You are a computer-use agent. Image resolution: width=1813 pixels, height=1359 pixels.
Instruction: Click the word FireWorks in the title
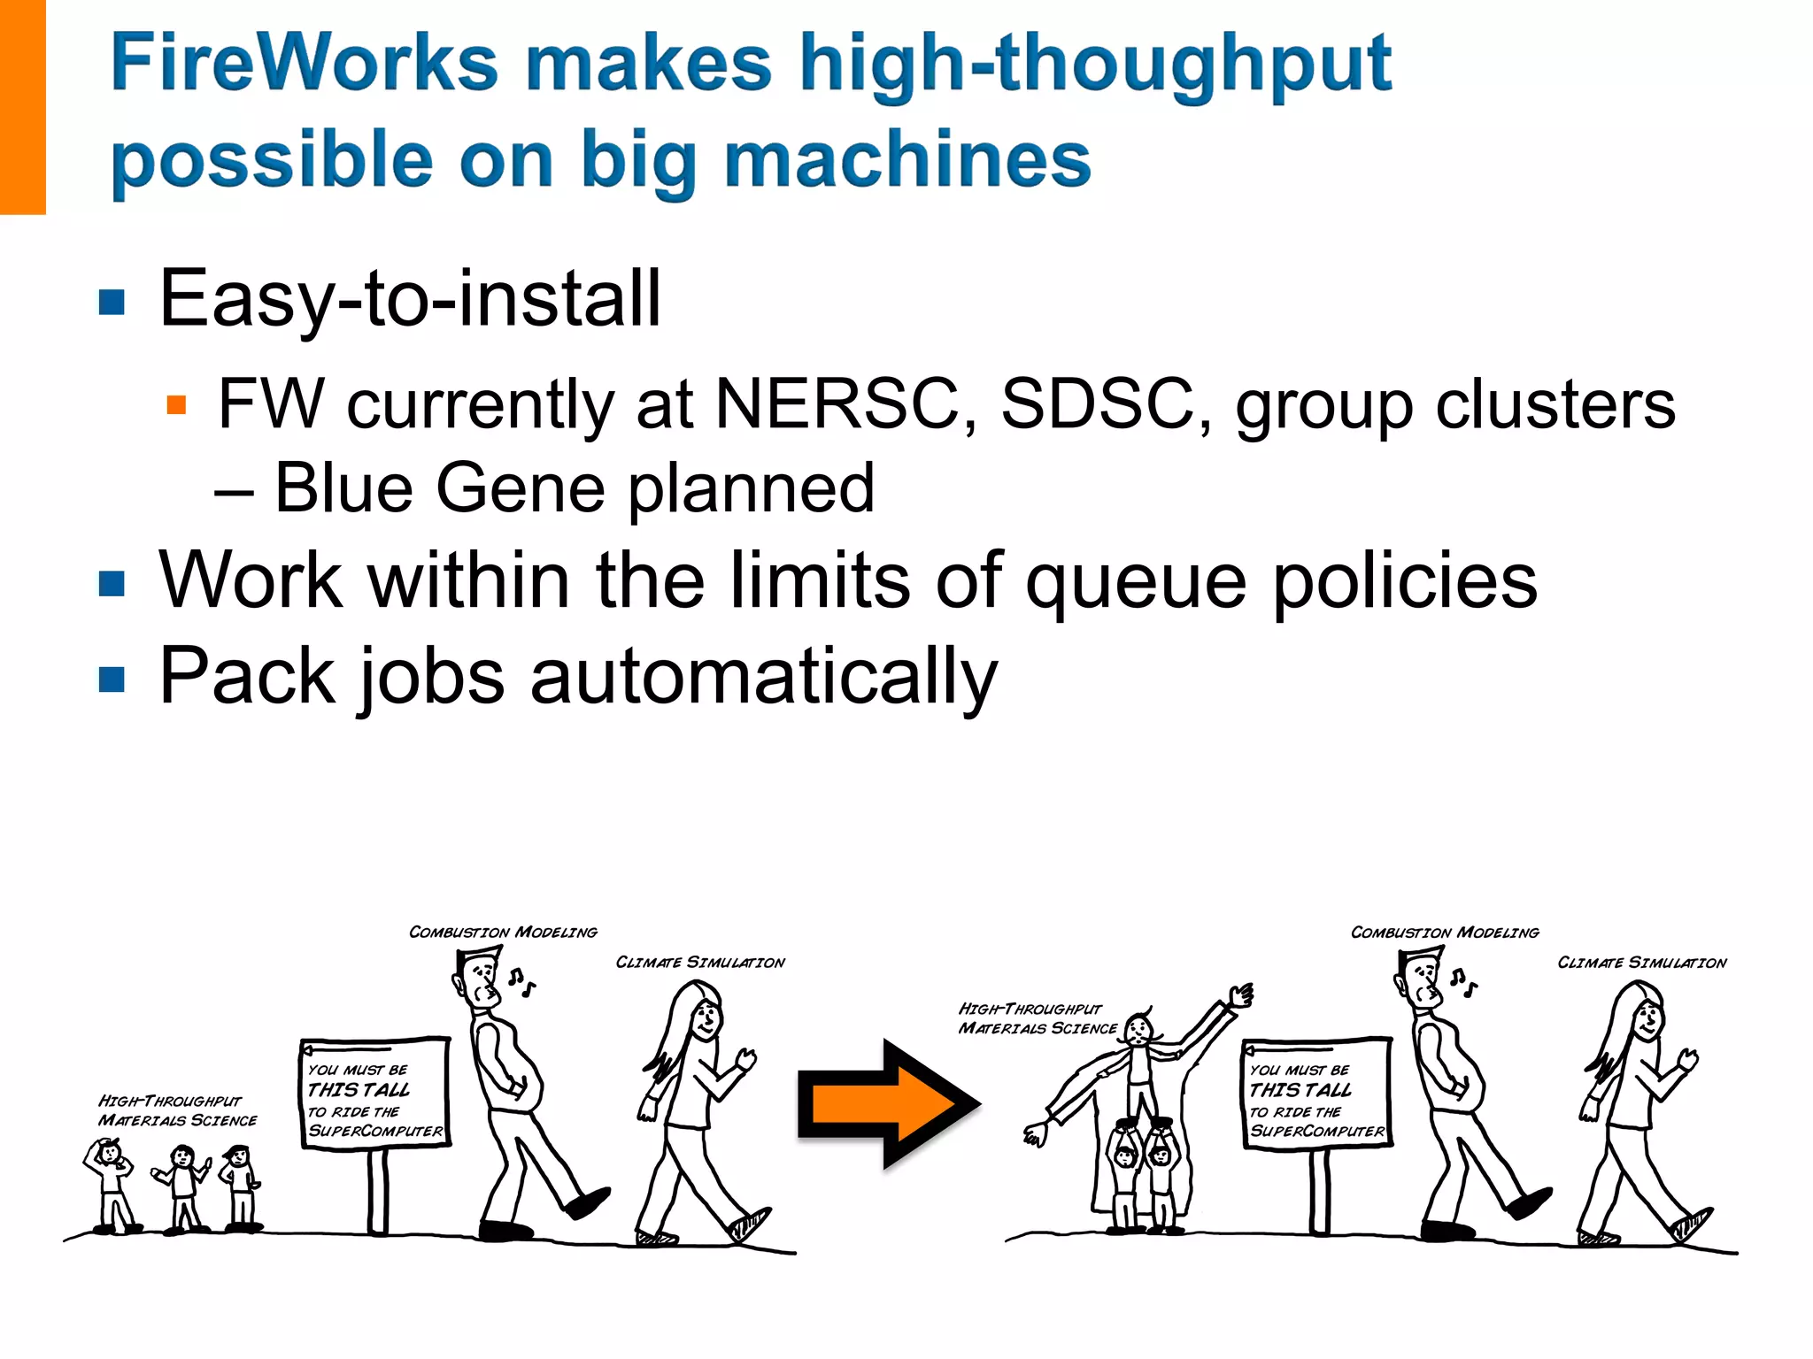coord(305,64)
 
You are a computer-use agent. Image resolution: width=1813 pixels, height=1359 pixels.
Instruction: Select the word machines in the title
coord(907,160)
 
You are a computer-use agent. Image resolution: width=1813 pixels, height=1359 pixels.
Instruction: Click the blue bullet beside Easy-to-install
coord(112,303)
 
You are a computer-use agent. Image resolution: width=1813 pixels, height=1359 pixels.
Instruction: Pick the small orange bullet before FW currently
coord(176,405)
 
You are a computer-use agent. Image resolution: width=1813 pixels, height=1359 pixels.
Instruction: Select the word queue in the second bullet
coord(1137,582)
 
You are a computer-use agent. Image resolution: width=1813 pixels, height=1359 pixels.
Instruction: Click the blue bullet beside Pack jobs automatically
coord(112,679)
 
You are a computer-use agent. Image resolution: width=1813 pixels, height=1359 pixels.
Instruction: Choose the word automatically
coord(763,678)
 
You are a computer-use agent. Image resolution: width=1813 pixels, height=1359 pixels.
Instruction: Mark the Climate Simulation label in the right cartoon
coord(1641,963)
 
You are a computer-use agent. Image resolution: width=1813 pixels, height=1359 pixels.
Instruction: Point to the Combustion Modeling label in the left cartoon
coord(503,933)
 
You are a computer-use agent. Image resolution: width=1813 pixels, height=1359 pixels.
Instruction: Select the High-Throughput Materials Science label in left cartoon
coord(177,1110)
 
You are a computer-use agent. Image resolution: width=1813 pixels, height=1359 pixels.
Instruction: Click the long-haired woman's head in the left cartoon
coord(704,1016)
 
